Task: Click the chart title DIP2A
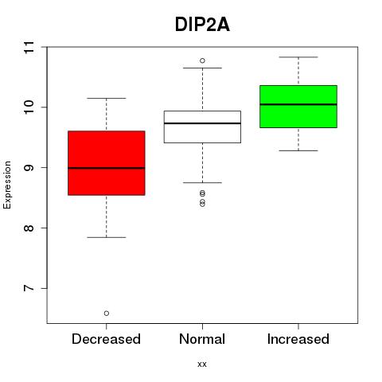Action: click(202, 25)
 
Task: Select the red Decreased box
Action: click(107, 163)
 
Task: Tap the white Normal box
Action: click(202, 127)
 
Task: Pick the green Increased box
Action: click(298, 107)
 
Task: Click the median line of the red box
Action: click(107, 168)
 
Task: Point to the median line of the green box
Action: click(298, 104)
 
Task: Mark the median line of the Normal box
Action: click(202, 123)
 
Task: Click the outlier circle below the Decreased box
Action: click(107, 314)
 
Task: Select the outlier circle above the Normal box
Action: click(202, 60)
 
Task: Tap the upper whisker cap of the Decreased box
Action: click(107, 98)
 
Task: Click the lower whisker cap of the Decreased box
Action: click(107, 237)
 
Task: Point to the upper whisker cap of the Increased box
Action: click(298, 57)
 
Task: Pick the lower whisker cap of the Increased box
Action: click(298, 150)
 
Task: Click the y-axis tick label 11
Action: click(29, 48)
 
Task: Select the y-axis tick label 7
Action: click(29, 288)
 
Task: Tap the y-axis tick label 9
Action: click(29, 168)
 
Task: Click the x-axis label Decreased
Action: click(106, 339)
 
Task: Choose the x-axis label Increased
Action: click(298, 339)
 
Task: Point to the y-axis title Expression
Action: click(7, 185)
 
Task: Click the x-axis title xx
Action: click(202, 364)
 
